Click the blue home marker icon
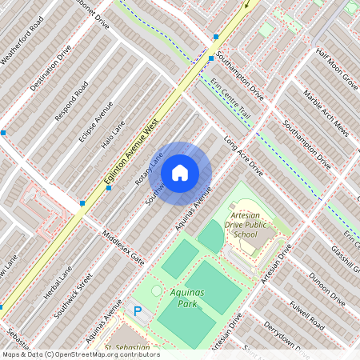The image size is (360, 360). point(180,172)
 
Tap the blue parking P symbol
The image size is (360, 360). point(138,311)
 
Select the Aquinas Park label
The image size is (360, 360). point(187,298)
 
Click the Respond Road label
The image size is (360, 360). point(70,102)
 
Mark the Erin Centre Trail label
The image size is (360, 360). point(230,99)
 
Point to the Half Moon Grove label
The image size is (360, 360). point(336,67)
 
